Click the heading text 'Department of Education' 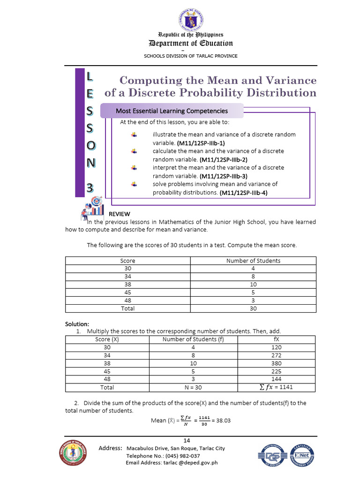[x=190, y=44]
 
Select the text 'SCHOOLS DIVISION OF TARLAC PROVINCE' [x=190, y=56]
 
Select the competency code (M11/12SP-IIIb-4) [x=243, y=192]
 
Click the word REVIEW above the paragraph [x=120, y=214]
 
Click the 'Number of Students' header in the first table [x=253, y=261]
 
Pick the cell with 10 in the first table [x=253, y=285]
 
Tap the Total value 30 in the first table [x=253, y=308]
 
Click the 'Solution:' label [x=76, y=324]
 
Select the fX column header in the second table [x=276, y=339]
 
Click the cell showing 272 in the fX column [x=276, y=355]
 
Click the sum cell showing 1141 [x=276, y=387]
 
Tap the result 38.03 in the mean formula [x=221, y=420]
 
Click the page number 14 [x=187, y=440]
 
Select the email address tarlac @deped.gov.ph [x=172, y=463]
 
